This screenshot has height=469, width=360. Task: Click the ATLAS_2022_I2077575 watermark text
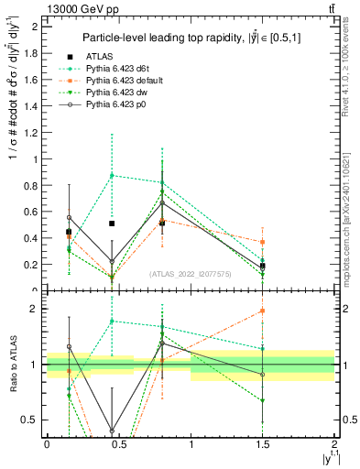[x=191, y=274]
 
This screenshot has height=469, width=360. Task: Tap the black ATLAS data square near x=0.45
[x=112, y=224]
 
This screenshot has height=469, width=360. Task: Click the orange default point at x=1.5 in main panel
[x=263, y=242]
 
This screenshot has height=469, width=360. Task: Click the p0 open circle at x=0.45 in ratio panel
[x=112, y=430]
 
